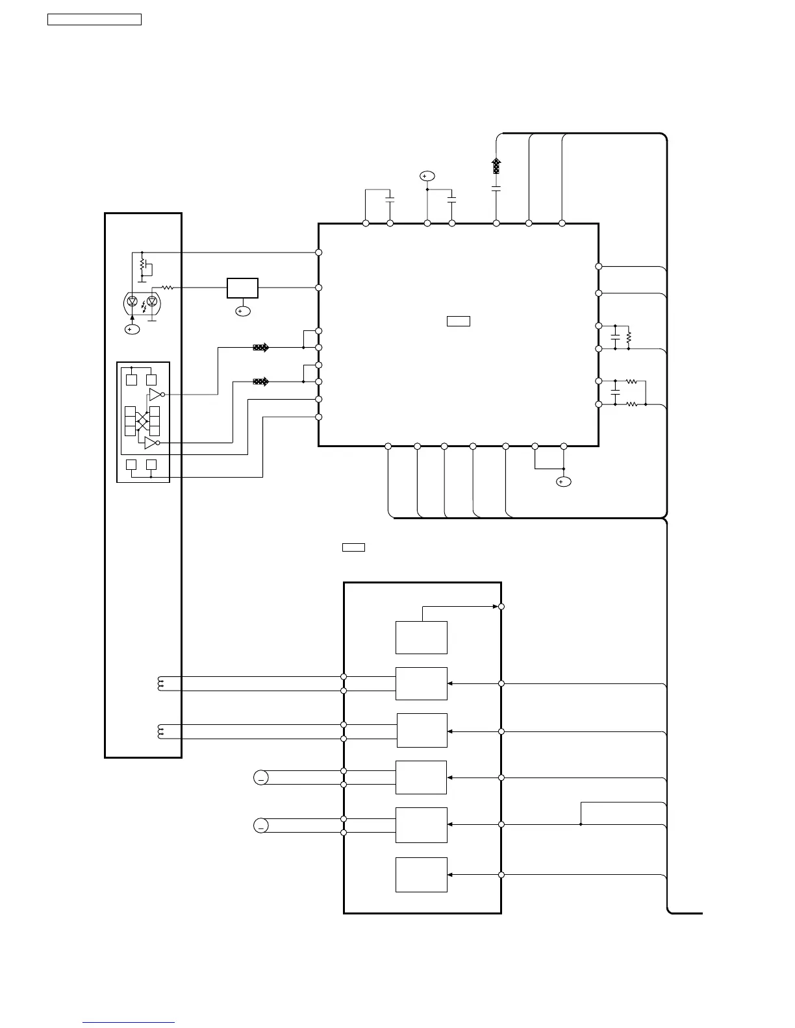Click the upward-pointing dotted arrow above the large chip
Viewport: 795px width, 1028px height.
click(x=496, y=166)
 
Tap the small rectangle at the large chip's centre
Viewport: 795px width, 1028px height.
click(x=458, y=321)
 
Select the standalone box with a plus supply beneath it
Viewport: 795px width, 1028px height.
click(x=242, y=288)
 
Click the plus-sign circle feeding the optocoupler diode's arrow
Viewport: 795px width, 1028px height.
click(x=132, y=330)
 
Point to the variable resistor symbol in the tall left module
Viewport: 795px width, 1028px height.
click(x=142, y=267)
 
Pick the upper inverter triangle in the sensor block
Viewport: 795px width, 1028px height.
click(x=155, y=394)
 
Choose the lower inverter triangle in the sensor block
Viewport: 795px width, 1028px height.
click(x=150, y=443)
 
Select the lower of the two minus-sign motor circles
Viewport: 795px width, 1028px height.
click(x=260, y=826)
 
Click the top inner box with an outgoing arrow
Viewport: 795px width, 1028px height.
click(x=421, y=637)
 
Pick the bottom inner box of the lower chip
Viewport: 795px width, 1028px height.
click(x=421, y=874)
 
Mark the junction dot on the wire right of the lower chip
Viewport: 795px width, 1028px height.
click(x=581, y=824)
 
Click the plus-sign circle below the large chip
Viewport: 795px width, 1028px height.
click(x=563, y=482)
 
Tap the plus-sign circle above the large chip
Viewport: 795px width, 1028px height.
click(x=427, y=176)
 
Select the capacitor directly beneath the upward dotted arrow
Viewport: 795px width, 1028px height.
click(x=496, y=189)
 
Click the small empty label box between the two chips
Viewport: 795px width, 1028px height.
click(x=353, y=547)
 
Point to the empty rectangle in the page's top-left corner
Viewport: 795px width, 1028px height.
click(x=94, y=19)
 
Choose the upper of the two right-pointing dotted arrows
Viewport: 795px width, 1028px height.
click(x=260, y=348)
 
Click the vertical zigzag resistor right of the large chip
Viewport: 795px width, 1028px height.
click(x=629, y=337)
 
